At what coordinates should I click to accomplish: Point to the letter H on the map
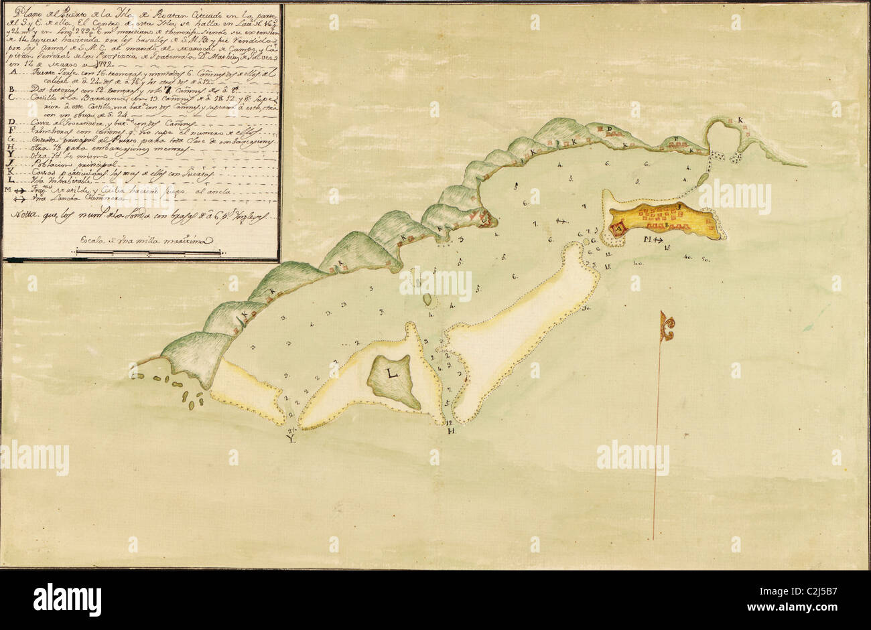point(452,431)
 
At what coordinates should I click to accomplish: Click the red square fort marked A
point(617,231)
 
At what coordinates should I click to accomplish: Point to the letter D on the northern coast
point(610,129)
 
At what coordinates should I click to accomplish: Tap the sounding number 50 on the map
point(705,258)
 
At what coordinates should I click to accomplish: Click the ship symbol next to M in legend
point(23,190)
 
